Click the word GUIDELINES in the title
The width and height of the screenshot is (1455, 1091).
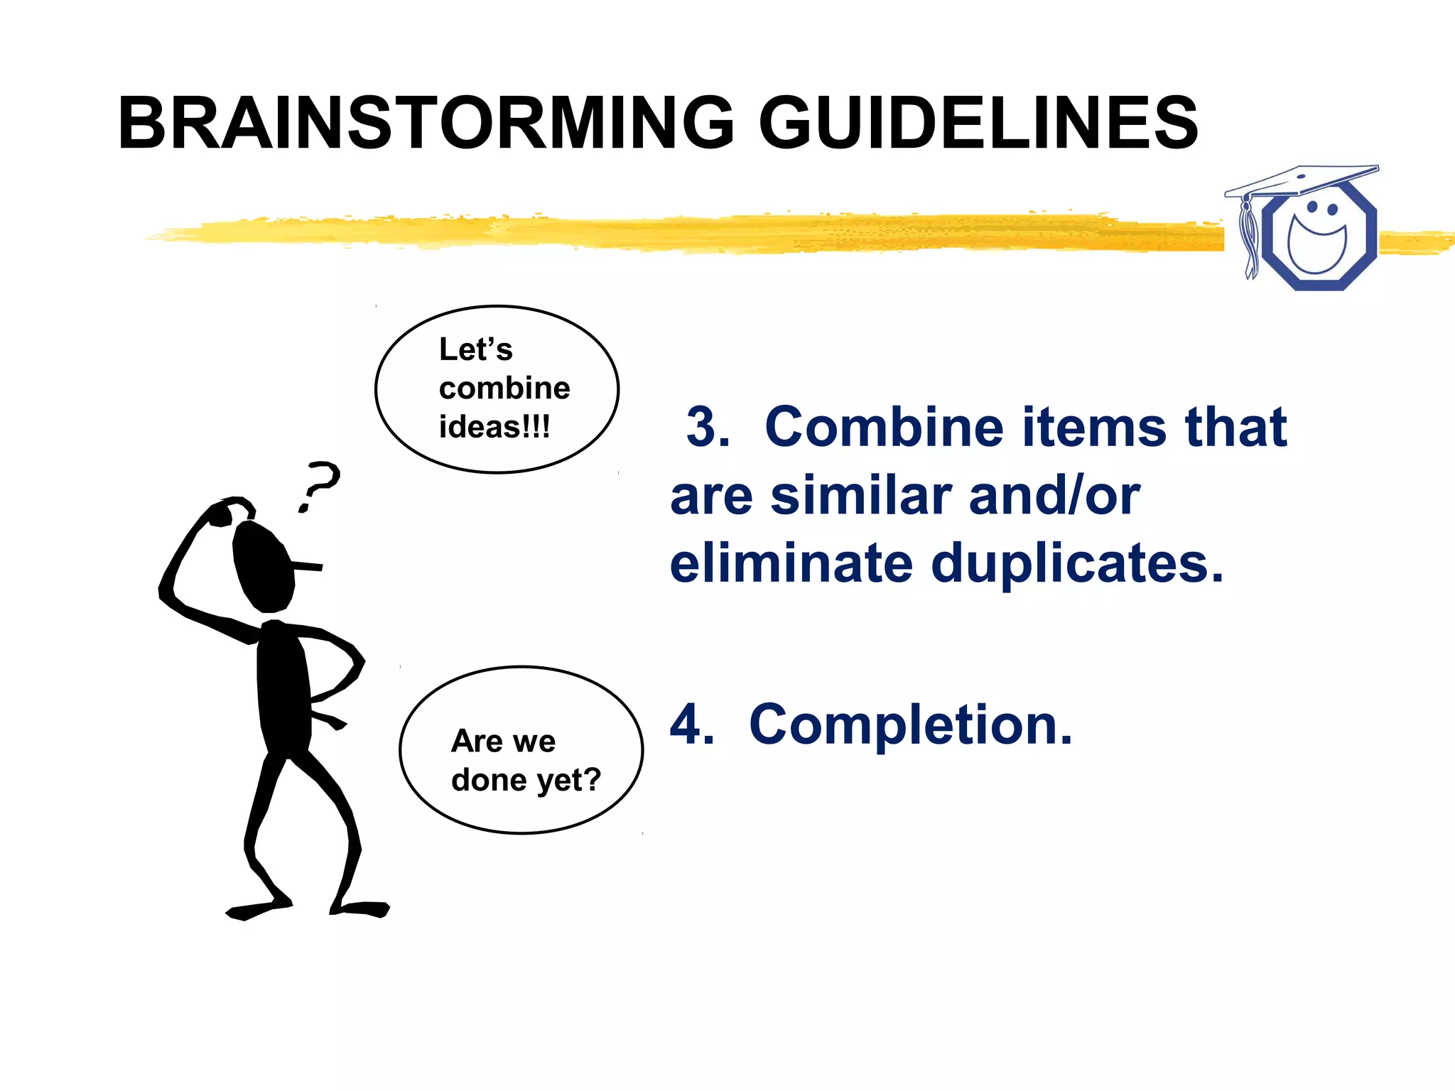coord(979,124)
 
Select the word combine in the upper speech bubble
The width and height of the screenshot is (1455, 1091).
coord(504,389)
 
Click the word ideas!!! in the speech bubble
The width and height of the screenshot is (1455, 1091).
coord(494,427)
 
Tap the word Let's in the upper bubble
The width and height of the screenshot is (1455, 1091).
coord(475,349)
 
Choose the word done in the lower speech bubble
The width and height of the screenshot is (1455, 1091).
coord(489,780)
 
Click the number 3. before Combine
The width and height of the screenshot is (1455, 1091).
coord(708,428)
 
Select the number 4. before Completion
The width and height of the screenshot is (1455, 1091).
coord(692,724)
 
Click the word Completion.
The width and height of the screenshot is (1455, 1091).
coord(911,724)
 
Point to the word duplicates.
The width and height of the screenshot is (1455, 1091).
coord(1077,563)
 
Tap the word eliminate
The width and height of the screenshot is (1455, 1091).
coord(791,563)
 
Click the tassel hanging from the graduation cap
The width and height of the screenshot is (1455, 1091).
coord(1248,238)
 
